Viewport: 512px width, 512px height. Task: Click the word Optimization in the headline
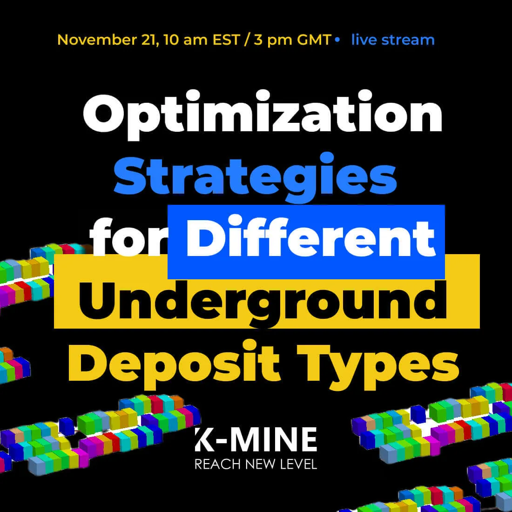tap(263, 116)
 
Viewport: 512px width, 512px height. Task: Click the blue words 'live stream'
tap(393, 40)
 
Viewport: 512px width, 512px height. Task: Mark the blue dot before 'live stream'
tap(337, 40)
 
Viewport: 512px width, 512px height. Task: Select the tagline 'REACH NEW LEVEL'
tap(256, 464)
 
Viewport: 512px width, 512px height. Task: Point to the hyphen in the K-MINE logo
tap(220, 441)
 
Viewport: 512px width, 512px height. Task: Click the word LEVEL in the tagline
tap(297, 464)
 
